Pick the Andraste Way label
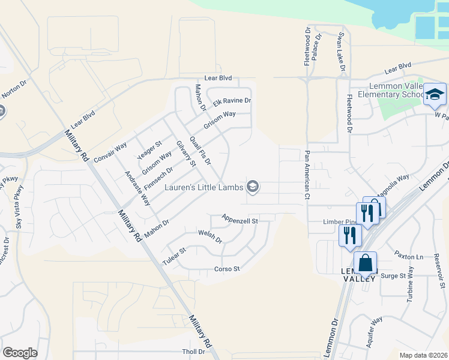(137, 188)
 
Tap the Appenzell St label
(240, 220)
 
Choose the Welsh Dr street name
(210, 236)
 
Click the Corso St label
(227, 269)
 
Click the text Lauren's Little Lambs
(203, 187)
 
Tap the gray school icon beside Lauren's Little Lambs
(253, 187)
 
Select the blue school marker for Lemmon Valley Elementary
(435, 94)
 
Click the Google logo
(20, 353)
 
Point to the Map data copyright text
(423, 355)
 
